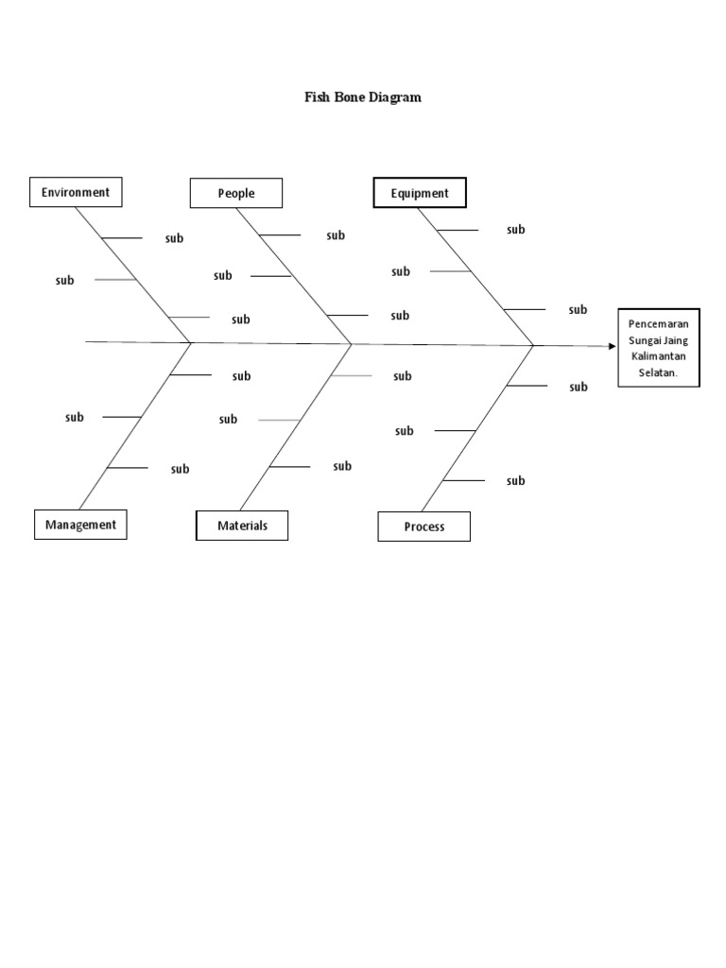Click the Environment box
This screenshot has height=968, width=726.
(x=76, y=192)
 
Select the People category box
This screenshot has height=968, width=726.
(x=236, y=193)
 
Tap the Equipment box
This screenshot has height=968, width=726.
(x=420, y=193)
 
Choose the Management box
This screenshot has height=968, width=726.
(x=80, y=525)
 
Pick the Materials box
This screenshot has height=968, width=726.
(x=242, y=526)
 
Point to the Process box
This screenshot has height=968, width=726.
(x=423, y=527)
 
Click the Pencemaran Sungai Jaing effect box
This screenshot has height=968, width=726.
(x=659, y=347)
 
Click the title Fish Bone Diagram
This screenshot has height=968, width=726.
(x=362, y=96)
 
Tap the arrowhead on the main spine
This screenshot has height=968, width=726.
(x=612, y=346)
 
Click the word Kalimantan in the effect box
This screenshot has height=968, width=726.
(x=659, y=355)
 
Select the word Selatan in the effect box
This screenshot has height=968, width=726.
(x=659, y=372)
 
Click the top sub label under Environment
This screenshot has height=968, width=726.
(x=175, y=238)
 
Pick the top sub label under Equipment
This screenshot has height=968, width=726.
(x=515, y=230)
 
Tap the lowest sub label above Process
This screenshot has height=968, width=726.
(x=515, y=481)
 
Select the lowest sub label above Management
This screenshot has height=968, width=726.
(x=180, y=469)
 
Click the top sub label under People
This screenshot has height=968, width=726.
(x=336, y=235)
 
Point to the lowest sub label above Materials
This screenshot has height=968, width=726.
(x=342, y=466)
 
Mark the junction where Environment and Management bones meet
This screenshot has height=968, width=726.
(x=192, y=342)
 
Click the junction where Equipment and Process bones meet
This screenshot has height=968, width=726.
(x=534, y=345)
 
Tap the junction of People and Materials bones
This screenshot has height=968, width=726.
(x=353, y=343)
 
